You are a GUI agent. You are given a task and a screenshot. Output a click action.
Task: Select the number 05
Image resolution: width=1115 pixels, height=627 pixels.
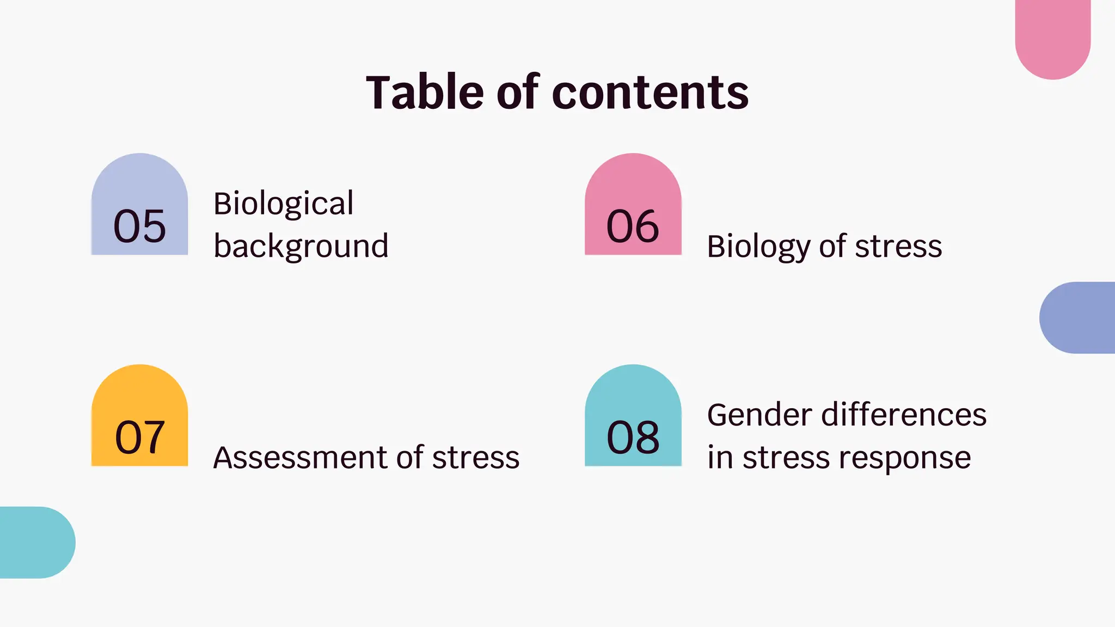coord(139,226)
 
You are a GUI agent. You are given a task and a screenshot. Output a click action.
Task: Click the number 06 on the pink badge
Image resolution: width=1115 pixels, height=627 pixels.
coord(633,226)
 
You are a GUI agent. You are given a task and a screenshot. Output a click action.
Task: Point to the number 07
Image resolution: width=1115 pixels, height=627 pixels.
coord(139,438)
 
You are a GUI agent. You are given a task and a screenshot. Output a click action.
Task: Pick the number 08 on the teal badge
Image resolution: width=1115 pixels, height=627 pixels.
coord(633,438)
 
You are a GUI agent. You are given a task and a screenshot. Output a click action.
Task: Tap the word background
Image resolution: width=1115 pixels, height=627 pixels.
coord(301,246)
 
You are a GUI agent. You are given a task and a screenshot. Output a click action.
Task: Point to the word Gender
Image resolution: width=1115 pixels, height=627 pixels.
coord(759,415)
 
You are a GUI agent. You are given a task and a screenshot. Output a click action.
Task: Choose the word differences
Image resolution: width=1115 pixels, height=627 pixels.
coord(904,415)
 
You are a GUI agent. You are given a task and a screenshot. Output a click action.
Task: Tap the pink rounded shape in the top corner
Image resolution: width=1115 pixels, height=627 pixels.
coord(1052,35)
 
